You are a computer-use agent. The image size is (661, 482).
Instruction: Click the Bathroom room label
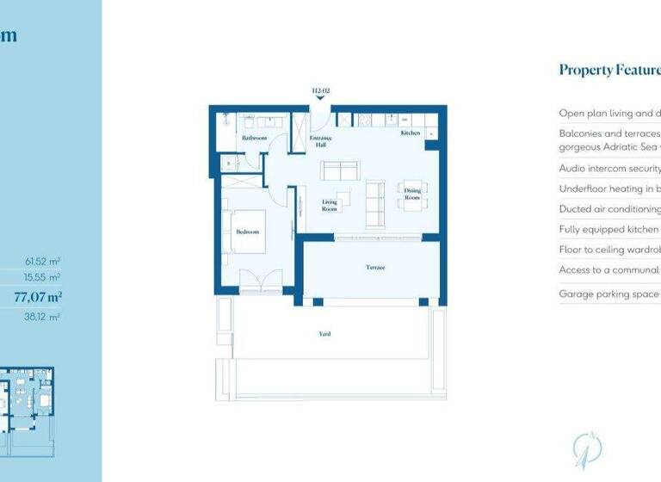coord(254,138)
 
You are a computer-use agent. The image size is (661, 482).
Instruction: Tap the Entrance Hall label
coord(320,141)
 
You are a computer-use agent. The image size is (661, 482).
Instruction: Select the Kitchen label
coord(410,133)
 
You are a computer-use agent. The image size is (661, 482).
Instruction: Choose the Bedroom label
coord(248,232)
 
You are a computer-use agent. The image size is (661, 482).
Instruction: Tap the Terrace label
coord(375,268)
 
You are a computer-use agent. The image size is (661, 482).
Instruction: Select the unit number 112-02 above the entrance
coord(320,90)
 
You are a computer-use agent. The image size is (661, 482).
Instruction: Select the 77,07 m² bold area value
coord(39,297)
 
